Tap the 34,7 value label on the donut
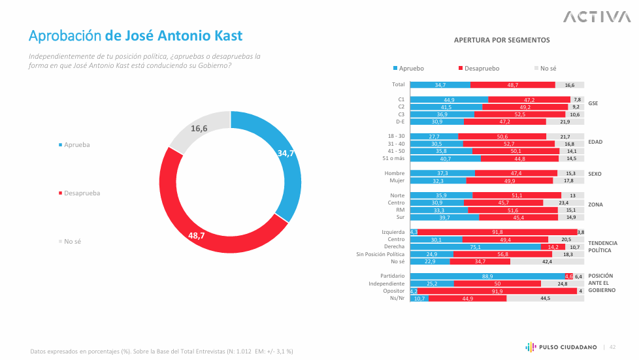(286, 153)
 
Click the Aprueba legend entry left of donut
(74, 144)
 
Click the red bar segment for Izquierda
(497, 232)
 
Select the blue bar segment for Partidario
(487, 276)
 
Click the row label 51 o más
(393, 159)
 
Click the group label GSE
(593, 103)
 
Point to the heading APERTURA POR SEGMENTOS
(501, 41)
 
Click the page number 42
(613, 347)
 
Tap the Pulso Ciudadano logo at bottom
(561, 347)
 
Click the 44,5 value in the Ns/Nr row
(546, 299)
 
